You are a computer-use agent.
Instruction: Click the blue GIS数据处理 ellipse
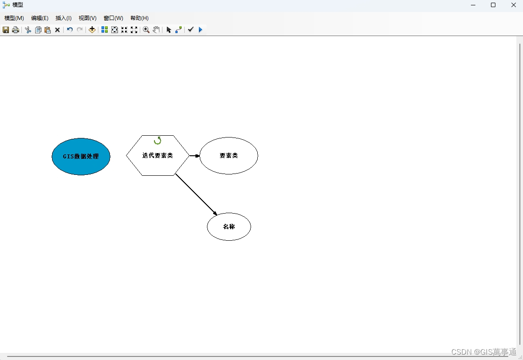click(81, 156)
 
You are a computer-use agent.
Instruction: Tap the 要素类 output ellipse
click(229, 156)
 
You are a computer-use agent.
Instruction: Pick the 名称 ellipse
click(229, 227)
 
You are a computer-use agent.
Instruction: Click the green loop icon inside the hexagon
click(158, 141)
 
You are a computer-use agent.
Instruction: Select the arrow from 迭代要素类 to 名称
click(196, 194)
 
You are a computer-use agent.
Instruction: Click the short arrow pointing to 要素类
click(195, 156)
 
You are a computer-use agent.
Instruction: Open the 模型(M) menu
click(14, 18)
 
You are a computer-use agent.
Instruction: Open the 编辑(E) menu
click(40, 18)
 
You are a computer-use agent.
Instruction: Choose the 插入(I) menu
click(63, 18)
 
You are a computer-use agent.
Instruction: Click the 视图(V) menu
click(87, 18)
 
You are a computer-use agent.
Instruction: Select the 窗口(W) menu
click(113, 18)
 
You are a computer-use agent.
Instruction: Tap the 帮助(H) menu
click(139, 18)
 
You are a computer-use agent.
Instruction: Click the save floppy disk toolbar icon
click(6, 30)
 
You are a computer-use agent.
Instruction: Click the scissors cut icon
click(28, 30)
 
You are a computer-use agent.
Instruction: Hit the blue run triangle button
click(200, 30)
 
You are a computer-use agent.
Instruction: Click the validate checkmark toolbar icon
click(191, 30)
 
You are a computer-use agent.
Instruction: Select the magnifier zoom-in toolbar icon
click(146, 30)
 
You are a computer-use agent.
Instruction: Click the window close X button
click(513, 5)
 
